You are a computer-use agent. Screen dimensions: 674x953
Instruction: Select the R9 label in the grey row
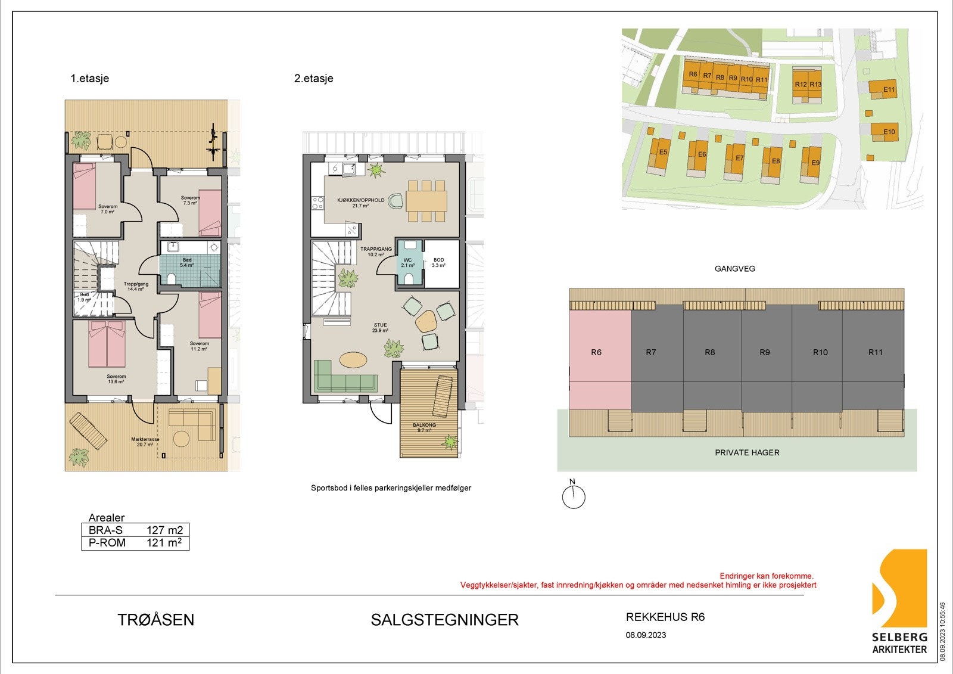[765, 352]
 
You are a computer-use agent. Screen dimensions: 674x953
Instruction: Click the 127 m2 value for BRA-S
[164, 530]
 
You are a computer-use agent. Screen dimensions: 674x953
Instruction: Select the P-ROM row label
[107, 543]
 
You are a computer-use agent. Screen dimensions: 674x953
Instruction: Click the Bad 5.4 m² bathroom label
[188, 263]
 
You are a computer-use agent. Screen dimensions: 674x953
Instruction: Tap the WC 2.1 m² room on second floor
[408, 262]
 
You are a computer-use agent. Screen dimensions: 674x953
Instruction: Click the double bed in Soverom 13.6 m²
[107, 344]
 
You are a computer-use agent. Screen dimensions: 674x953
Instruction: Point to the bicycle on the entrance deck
[214, 141]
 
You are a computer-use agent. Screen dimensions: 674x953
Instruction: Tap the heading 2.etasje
[314, 79]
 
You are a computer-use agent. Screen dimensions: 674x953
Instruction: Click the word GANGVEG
[734, 269]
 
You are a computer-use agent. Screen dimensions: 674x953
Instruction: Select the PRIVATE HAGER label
[747, 452]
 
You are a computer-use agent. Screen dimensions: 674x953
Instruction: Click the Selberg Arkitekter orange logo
[899, 590]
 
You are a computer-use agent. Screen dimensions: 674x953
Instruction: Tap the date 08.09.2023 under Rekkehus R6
[646, 635]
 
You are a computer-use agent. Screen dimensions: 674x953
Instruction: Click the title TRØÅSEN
[156, 620]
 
